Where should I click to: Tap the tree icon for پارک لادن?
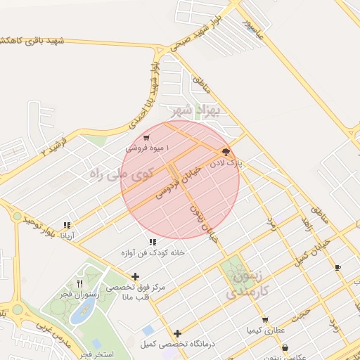[226, 151]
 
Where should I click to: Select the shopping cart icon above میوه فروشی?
[146, 138]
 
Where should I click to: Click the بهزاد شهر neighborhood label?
[196, 111]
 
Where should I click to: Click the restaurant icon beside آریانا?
[67, 224]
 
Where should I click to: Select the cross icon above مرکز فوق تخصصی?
[135, 276]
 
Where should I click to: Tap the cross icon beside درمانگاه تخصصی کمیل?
[178, 333]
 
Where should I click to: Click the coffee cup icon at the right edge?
[337, 268]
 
